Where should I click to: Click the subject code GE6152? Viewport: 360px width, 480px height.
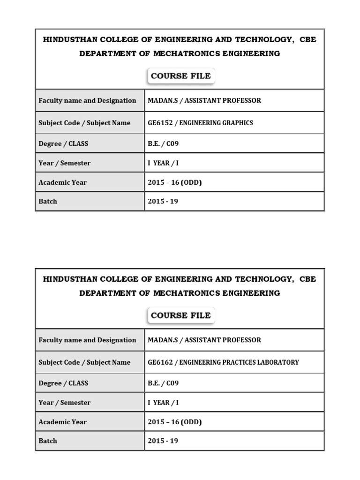(x=158, y=123)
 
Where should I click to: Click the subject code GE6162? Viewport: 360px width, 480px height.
(x=158, y=362)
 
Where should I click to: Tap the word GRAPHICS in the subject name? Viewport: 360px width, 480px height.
(x=237, y=123)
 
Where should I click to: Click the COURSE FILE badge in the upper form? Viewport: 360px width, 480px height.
(x=180, y=76)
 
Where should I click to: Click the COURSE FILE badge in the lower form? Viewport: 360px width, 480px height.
(x=180, y=315)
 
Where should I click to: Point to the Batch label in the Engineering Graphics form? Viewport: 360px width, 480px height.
(x=48, y=202)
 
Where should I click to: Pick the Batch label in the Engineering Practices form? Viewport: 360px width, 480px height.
(x=48, y=441)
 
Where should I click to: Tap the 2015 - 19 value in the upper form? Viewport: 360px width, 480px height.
(x=163, y=202)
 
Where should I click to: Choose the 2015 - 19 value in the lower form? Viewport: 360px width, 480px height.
(x=163, y=441)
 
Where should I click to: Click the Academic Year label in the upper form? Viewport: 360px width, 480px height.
(x=62, y=182)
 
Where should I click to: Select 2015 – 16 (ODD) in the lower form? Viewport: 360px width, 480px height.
(x=174, y=422)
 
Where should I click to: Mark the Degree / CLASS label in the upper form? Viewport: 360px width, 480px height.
(x=63, y=144)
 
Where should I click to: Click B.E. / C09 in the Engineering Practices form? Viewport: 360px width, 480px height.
(x=163, y=383)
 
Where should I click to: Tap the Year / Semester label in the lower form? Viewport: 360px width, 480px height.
(x=64, y=403)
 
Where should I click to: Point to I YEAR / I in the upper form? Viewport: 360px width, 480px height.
(x=163, y=163)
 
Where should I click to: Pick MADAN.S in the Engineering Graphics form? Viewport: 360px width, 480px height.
(x=162, y=100)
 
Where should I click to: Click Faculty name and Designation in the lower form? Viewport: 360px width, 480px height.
(x=87, y=340)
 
